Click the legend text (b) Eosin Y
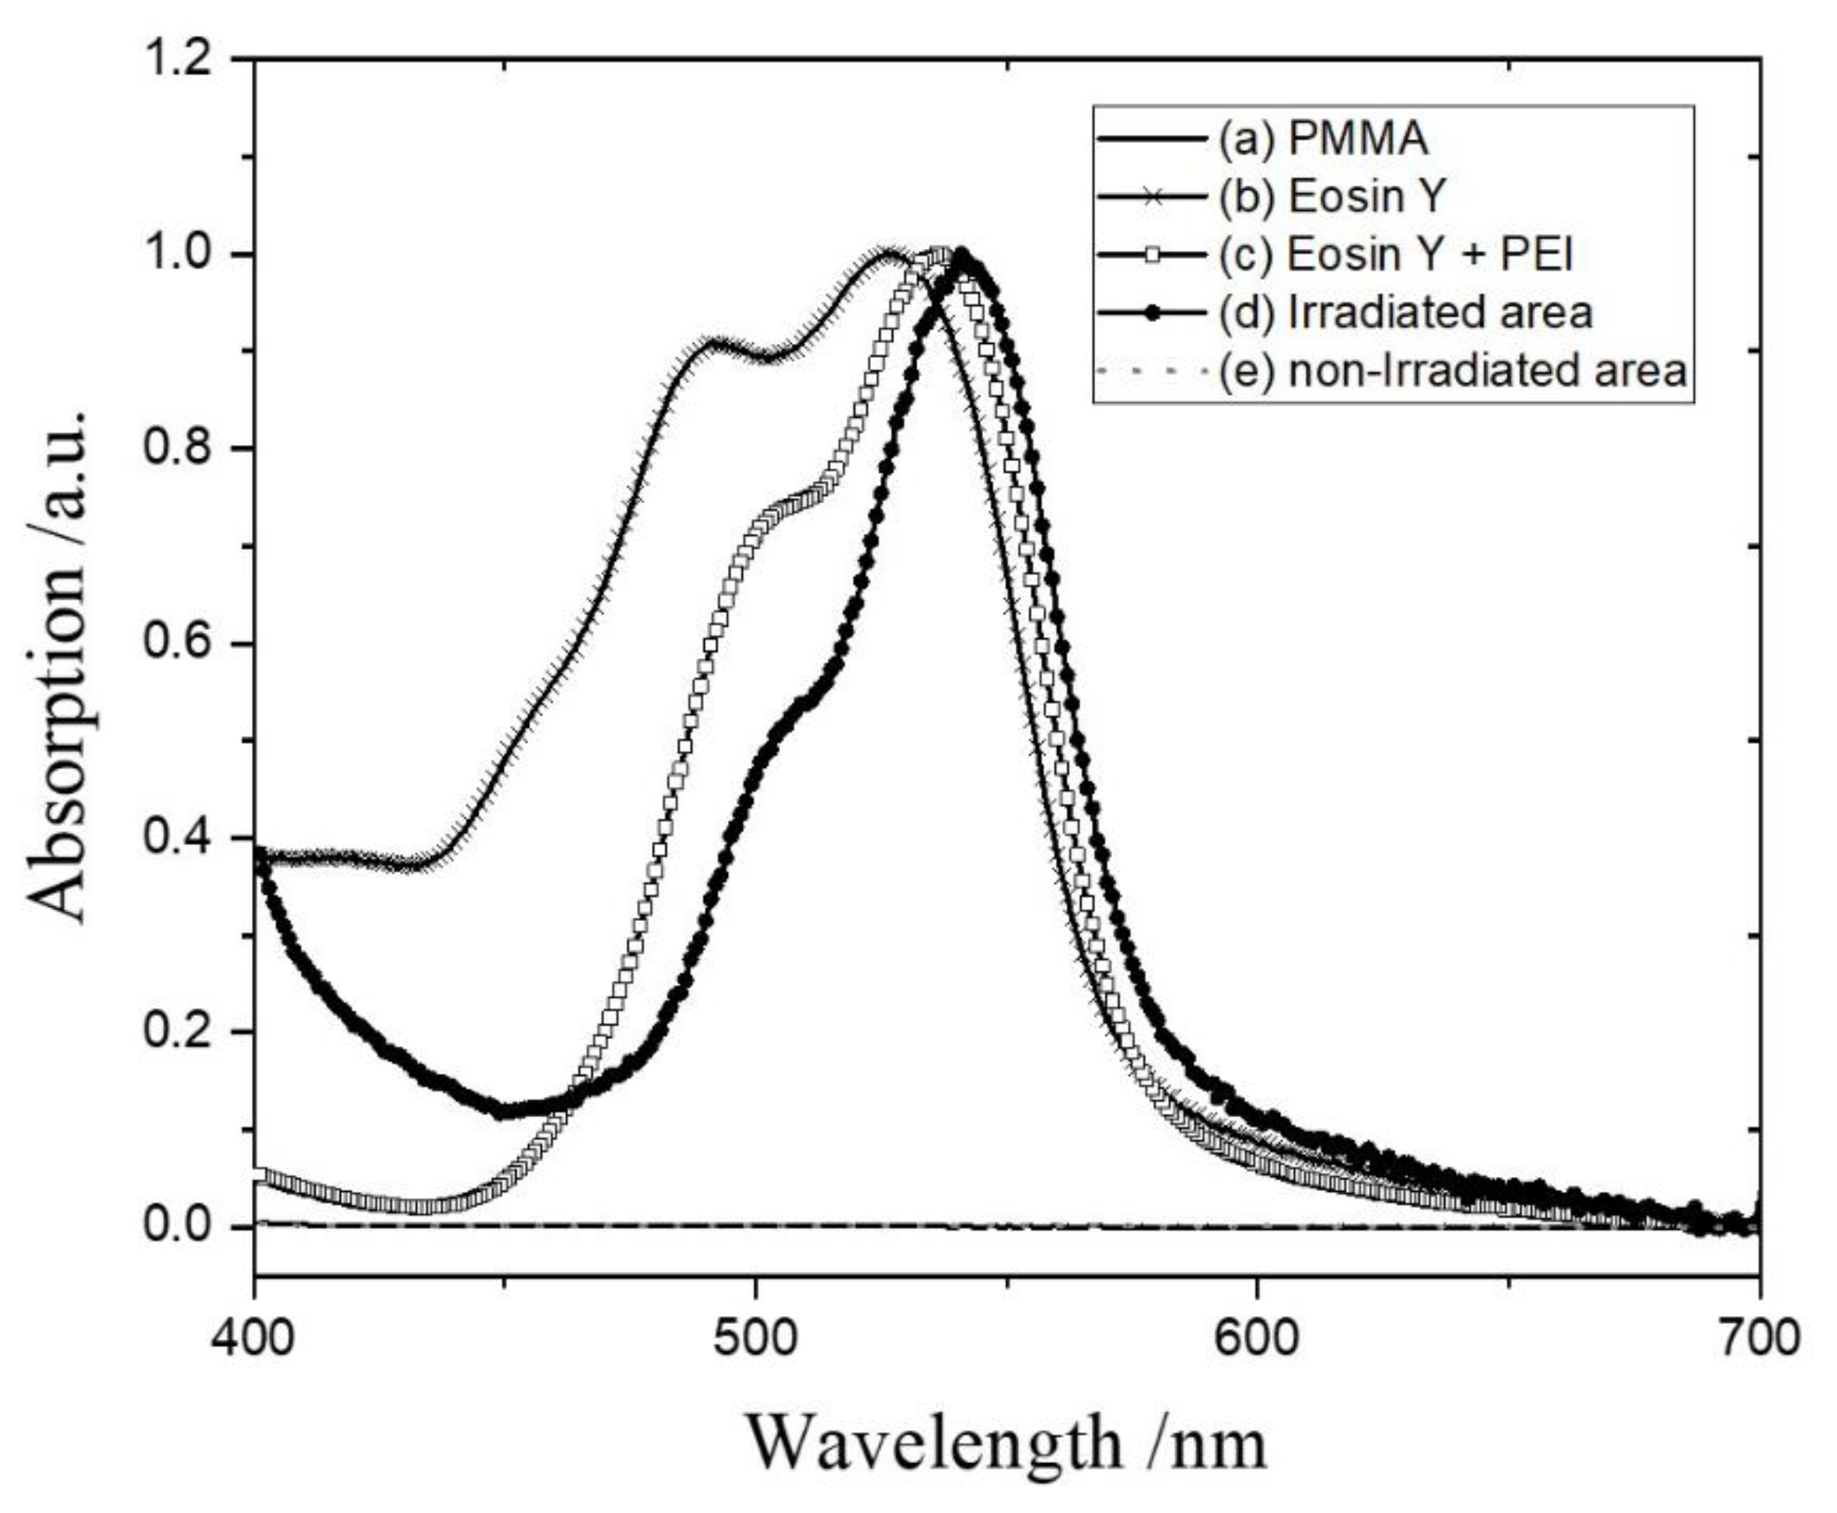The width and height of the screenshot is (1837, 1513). click(x=1331, y=197)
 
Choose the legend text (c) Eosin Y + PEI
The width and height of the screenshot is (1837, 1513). click(x=1394, y=254)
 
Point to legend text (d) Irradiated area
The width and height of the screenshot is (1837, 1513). click(x=1405, y=312)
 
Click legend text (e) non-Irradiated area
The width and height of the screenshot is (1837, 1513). click(x=1452, y=370)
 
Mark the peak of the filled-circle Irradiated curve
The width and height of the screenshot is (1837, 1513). click(x=962, y=254)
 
